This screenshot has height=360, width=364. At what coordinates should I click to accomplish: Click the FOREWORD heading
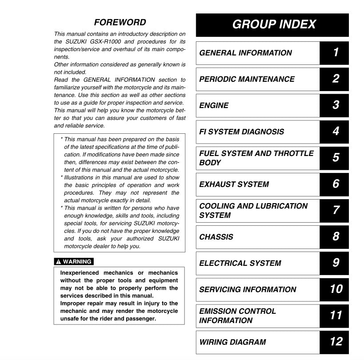coord(120,22)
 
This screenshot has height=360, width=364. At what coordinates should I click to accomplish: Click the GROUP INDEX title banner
coord(272,24)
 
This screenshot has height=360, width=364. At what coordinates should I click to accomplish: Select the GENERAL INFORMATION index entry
coord(245,53)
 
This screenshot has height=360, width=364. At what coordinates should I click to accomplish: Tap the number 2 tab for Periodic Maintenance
coord(335,79)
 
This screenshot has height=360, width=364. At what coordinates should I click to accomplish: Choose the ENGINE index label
coord(214,105)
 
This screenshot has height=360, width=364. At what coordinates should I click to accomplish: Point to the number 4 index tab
coord(335,132)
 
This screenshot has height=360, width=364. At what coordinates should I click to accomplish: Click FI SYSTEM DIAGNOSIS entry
coord(241,132)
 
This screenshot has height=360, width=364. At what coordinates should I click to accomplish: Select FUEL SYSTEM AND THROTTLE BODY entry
coord(256,158)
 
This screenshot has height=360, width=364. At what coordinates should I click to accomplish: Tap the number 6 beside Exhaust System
coord(335,184)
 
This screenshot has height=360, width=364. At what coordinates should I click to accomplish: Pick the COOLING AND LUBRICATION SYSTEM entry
coord(253,210)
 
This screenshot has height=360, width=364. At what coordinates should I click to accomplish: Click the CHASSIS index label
coord(216,237)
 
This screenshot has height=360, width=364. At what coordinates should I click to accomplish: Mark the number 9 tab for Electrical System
coord(335,263)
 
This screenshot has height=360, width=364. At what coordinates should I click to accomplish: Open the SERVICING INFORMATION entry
coord(247,289)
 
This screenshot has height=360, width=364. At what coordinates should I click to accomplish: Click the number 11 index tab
coord(336,316)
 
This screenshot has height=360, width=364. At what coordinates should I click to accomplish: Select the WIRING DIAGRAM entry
coord(232,342)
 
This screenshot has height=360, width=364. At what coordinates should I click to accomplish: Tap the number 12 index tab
coord(336,342)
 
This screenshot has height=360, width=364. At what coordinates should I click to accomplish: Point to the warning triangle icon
coord(58,262)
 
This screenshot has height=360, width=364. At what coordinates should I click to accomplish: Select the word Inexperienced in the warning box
coord(79,273)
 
